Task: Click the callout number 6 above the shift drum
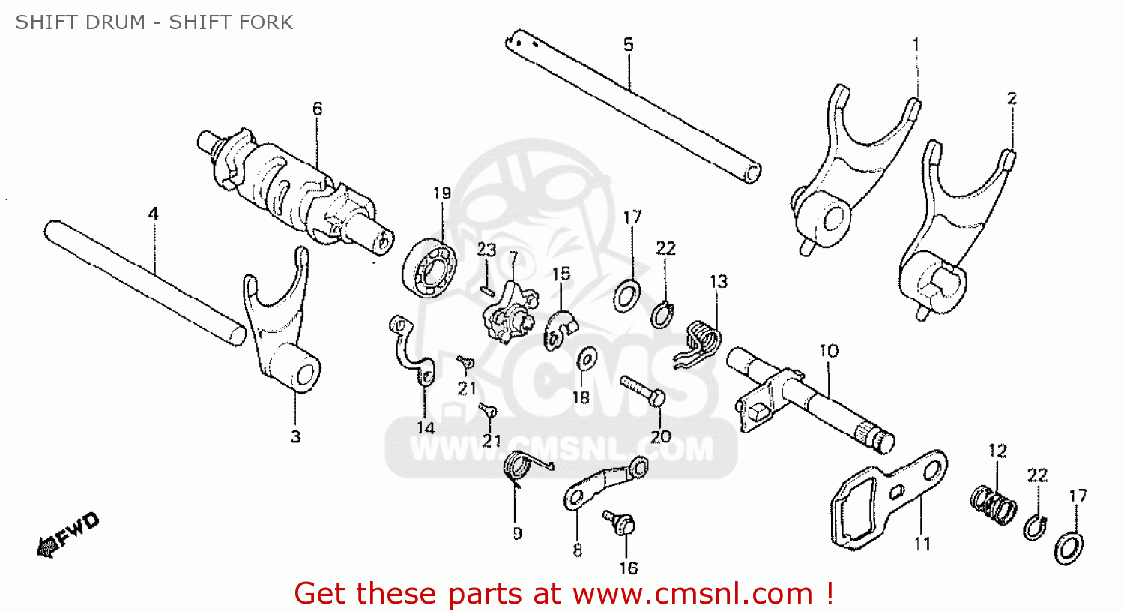[x=317, y=109]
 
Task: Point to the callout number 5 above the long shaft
[x=628, y=45]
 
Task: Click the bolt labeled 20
[x=640, y=391]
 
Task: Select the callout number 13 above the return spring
[x=718, y=282]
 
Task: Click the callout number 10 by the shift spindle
[x=828, y=351]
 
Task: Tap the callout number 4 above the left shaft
[x=153, y=214]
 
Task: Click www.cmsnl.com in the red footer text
[x=692, y=594]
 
